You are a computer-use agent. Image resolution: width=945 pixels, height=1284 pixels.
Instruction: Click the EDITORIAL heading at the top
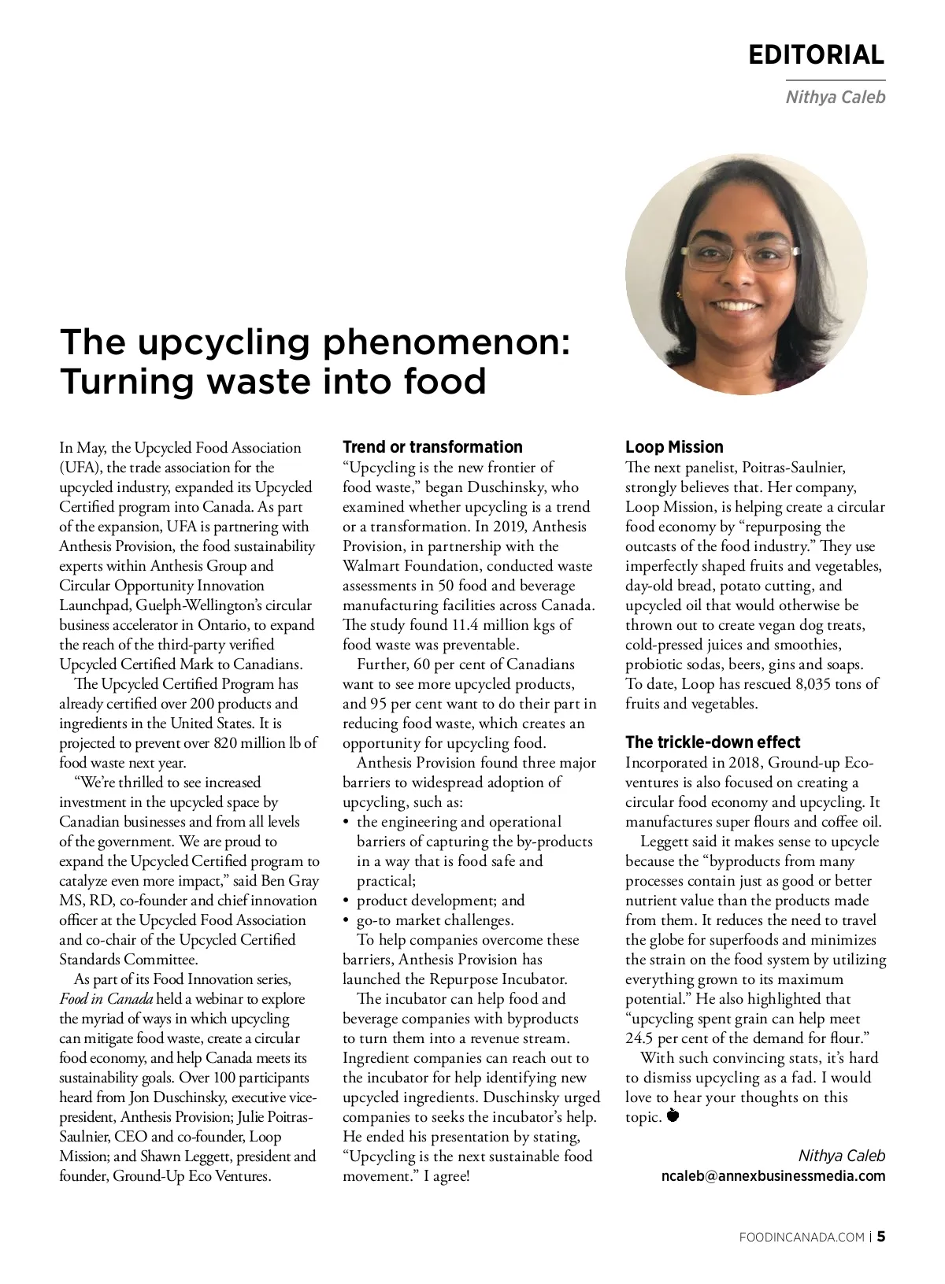pyautogui.click(x=816, y=54)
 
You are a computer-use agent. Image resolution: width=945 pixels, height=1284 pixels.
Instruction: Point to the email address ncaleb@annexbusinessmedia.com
pyautogui.click(x=773, y=1176)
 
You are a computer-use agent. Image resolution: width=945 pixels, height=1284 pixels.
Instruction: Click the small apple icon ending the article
pyautogui.click(x=673, y=1115)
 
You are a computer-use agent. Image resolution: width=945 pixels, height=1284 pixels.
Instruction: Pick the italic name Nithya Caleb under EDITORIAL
pyautogui.click(x=835, y=98)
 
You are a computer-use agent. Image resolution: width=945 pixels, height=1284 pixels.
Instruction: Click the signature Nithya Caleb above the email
pyautogui.click(x=841, y=1156)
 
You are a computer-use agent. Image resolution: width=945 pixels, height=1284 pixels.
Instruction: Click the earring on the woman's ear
pyautogui.click(x=679, y=294)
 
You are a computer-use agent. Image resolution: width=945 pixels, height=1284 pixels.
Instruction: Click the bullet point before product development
pyautogui.click(x=347, y=901)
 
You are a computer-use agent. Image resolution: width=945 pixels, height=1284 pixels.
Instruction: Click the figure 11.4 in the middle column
pyautogui.click(x=463, y=625)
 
